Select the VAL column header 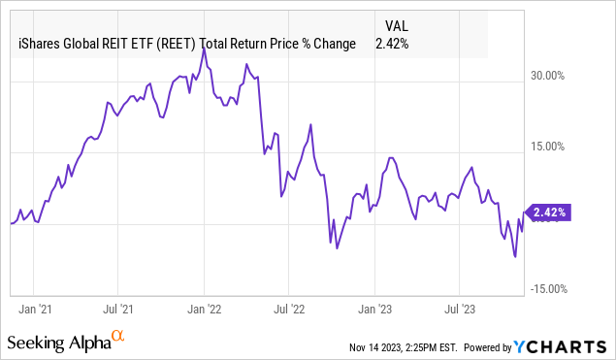pos(397,26)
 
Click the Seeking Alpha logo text pos(57,343)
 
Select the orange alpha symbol pos(118,336)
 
